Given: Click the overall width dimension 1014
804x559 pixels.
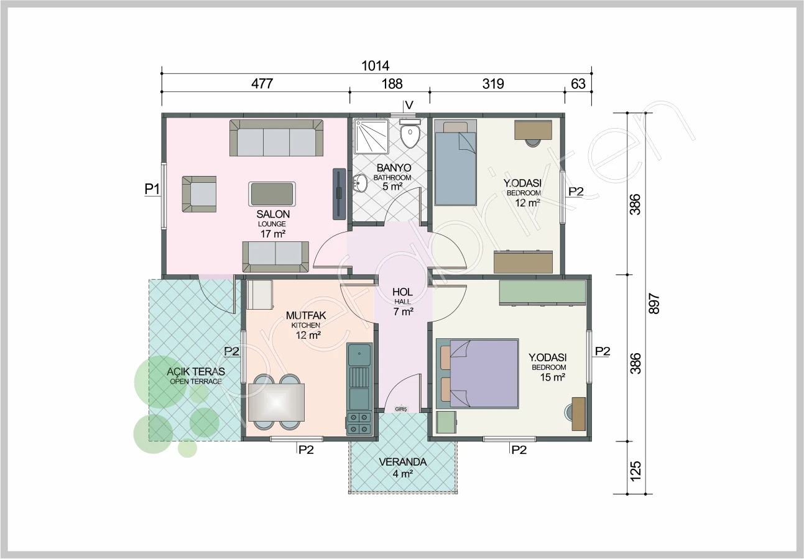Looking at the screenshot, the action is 375,66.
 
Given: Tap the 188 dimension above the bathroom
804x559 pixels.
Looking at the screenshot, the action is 392,84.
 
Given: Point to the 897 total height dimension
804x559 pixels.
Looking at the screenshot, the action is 654,303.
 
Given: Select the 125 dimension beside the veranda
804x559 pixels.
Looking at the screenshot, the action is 635,471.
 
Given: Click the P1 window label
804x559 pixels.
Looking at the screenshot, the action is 152,189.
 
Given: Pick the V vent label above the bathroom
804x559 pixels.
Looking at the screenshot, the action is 409,105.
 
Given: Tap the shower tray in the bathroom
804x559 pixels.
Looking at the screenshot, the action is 371,137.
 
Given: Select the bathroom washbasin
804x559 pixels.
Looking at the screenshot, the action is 361,183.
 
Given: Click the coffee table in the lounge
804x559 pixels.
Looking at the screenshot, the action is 272,194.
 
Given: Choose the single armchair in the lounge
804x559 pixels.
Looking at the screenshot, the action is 199,194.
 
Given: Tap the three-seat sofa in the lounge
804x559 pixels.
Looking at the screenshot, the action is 276,138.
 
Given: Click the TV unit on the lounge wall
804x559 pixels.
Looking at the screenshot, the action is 339,194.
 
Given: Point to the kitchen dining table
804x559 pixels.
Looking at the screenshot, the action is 276,402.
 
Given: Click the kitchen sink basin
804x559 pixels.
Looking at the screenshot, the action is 359,354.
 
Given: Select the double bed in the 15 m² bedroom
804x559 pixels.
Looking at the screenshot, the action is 478,373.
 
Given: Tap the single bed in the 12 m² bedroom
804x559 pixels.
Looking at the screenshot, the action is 456,162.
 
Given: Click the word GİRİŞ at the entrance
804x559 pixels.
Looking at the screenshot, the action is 401,409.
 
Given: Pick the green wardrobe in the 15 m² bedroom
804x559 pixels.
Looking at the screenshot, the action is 542,292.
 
